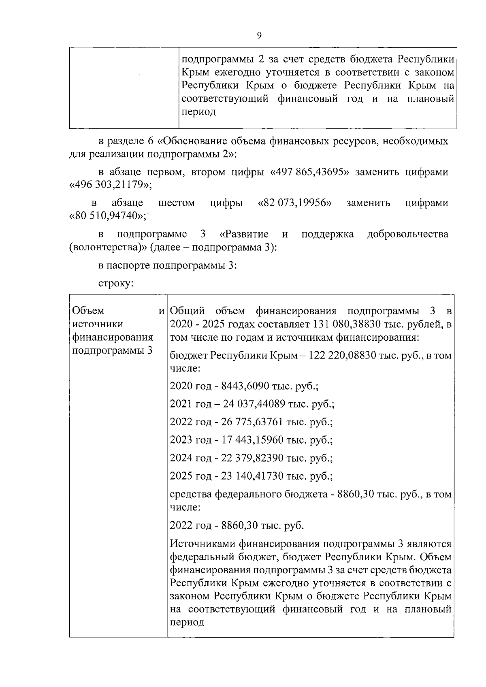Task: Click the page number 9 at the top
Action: tap(259, 35)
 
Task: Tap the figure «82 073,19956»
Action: tap(295, 203)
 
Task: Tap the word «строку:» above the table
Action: tap(116, 283)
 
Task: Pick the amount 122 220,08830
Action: tap(342, 356)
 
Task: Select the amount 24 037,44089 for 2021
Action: tap(253, 404)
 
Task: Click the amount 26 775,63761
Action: tap(252, 422)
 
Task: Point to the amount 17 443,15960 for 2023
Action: tap(252, 440)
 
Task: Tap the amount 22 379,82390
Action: tap(252, 458)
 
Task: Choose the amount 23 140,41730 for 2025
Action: tap(252, 476)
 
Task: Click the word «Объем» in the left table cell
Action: tap(88, 311)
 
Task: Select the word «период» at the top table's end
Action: tap(198, 112)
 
